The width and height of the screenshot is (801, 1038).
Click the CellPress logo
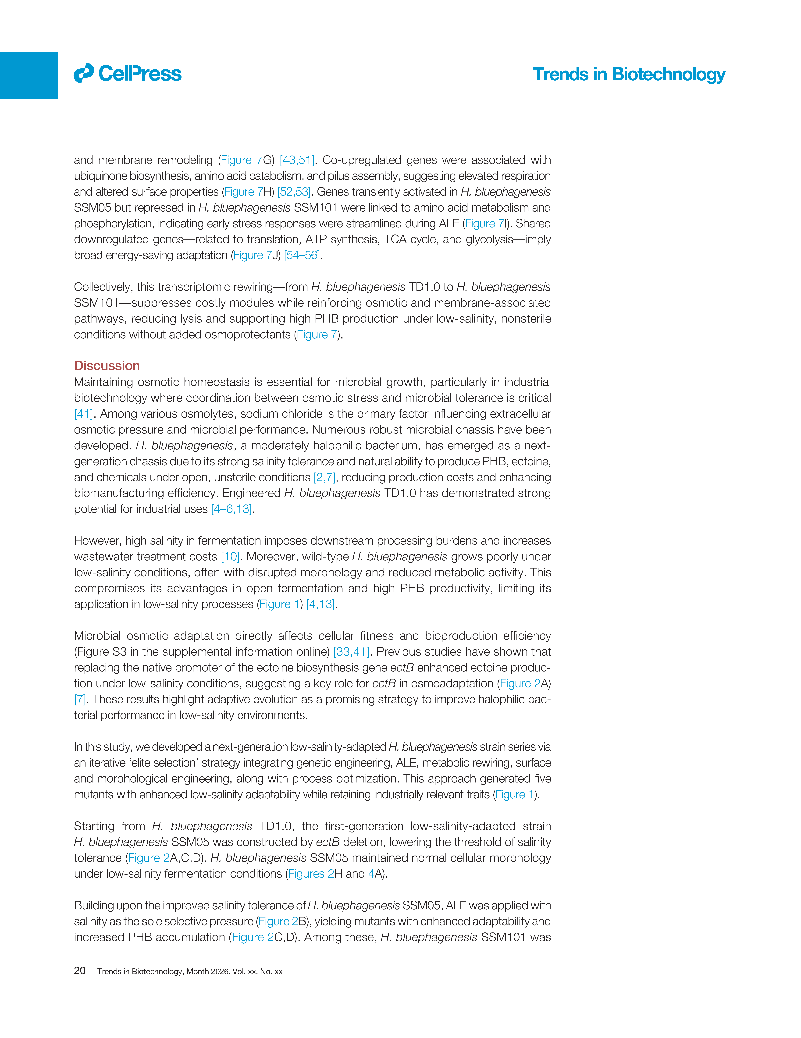[127, 74]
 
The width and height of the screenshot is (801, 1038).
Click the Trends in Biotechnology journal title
[628, 75]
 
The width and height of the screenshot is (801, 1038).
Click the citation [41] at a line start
[83, 414]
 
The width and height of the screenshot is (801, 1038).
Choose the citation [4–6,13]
[231, 509]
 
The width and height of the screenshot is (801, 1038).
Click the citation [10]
[230, 557]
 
